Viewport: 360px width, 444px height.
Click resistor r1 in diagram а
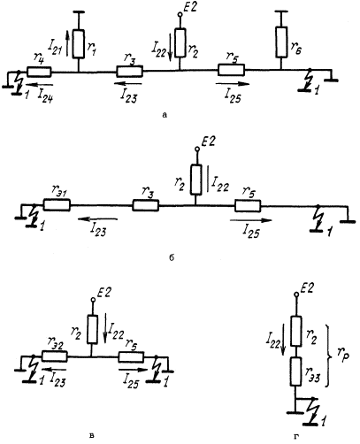[x=79, y=43]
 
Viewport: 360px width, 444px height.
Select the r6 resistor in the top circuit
[x=281, y=42]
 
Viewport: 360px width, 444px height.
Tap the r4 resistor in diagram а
[x=39, y=72]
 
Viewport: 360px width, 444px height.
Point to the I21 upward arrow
[x=67, y=43]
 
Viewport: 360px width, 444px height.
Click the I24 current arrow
[x=41, y=85]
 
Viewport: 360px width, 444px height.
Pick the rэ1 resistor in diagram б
[x=57, y=205]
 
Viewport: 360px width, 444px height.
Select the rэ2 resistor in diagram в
[x=55, y=356]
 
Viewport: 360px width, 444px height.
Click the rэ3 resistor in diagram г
[x=295, y=371]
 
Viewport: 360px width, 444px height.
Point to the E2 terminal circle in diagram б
[x=196, y=149]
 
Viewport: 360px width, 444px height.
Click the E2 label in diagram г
[x=307, y=288]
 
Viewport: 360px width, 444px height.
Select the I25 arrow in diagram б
[x=251, y=220]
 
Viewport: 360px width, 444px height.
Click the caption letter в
[x=92, y=435]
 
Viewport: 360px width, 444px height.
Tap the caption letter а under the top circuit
[x=165, y=115]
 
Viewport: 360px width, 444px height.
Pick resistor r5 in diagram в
[x=131, y=356]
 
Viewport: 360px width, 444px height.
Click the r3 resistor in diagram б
[x=146, y=205]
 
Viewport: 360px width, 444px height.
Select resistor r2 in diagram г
[x=296, y=331]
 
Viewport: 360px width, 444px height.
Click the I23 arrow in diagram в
[x=54, y=369]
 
